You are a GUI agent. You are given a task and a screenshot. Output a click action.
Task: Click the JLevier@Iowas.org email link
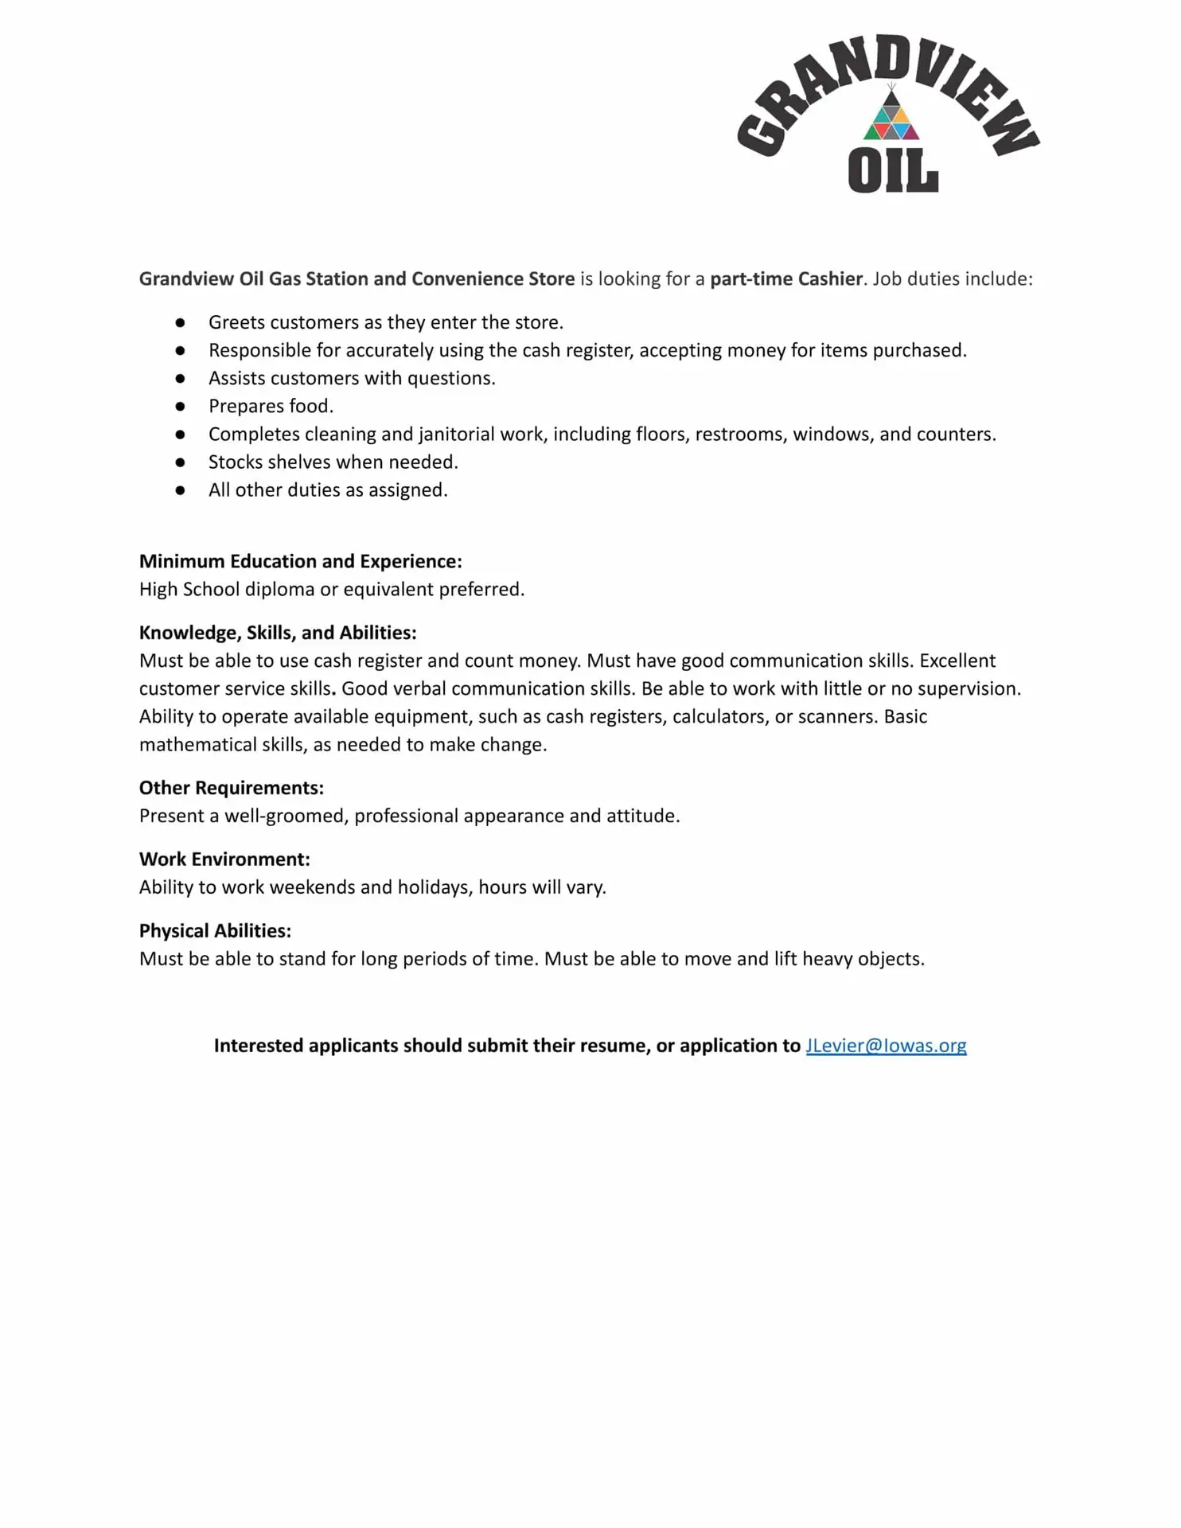coord(886,1046)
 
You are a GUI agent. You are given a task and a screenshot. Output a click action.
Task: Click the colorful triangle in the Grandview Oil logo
coord(891,119)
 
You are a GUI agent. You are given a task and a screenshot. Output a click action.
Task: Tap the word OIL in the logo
coord(893,170)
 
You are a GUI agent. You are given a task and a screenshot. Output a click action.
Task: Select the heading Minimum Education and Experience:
coord(300,561)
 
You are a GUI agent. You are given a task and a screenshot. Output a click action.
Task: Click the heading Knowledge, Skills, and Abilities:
coord(278,633)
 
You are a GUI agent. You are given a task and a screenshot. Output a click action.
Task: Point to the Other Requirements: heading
coord(232,788)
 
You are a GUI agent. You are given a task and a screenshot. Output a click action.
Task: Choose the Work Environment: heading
coord(224,859)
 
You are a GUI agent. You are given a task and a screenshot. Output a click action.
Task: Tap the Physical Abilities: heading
coord(215,931)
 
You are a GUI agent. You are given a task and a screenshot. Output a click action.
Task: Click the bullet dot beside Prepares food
coord(181,407)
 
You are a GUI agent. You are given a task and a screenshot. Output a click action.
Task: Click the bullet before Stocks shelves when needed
coord(181,462)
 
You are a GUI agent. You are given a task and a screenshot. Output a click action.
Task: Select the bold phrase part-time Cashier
coord(786,279)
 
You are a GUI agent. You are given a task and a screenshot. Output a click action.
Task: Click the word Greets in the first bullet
coord(236,322)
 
